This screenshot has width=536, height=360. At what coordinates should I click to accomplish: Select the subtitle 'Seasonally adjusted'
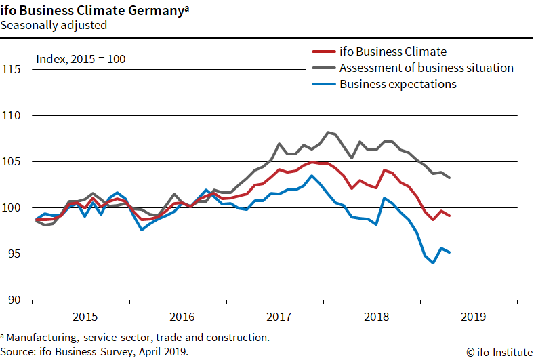tap(54, 25)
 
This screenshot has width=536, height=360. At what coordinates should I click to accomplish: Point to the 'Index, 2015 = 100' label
tap(81, 59)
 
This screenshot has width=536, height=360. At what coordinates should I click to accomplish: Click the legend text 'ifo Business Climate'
tap(392, 52)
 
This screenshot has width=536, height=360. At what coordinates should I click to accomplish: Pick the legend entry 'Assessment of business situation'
tap(426, 68)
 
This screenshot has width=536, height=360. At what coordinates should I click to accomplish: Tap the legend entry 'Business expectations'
tap(398, 84)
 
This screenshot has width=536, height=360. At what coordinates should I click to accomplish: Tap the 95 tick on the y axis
tap(15, 254)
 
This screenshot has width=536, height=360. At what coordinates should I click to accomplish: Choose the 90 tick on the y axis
tap(15, 300)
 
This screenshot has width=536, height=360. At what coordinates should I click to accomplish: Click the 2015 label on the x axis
tap(85, 316)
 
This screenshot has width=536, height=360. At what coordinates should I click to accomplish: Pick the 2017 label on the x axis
tap(279, 316)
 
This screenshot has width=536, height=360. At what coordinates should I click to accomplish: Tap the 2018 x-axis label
tap(376, 316)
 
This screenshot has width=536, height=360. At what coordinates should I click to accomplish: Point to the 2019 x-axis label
tap(474, 316)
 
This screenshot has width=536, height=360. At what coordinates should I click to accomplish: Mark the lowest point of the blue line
tap(433, 263)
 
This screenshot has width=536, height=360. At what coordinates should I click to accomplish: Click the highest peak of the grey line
tap(328, 132)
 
